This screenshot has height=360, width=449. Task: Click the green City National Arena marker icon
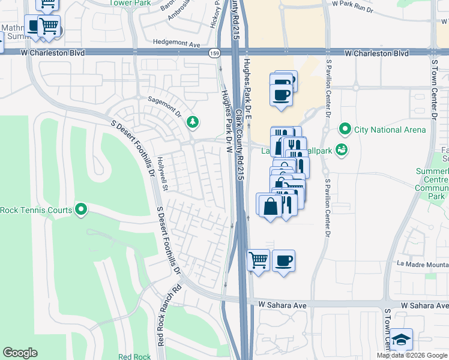pos(345,130)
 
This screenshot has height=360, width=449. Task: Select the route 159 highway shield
pos(214,53)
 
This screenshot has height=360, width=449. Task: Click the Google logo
pos(20,353)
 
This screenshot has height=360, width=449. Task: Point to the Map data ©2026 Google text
pos(411,355)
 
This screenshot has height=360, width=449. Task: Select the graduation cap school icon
pos(401,339)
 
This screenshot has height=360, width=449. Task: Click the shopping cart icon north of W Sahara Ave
pos(258,260)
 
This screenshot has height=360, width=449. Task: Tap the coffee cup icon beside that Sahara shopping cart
pos(283,260)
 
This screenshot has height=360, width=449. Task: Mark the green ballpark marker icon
pos(342,149)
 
